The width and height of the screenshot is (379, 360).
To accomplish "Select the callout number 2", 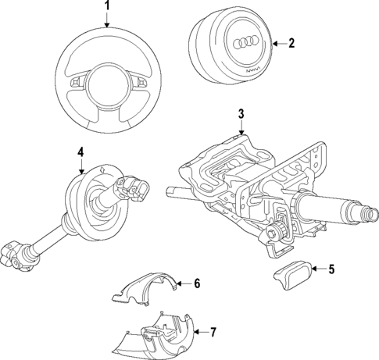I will pos(291,44).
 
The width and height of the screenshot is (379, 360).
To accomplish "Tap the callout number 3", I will pos(241,114).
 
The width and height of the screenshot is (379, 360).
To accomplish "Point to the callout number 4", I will pos(80,151).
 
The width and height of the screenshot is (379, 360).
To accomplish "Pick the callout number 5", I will pos(331,270).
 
